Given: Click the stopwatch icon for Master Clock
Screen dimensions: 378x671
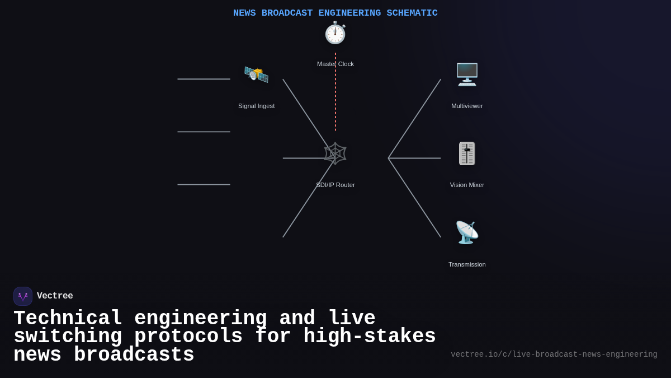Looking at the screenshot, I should click(335, 33).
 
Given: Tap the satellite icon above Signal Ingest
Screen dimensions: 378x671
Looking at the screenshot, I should click(256, 74).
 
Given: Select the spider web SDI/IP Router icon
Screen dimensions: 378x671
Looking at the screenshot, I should click(335, 153).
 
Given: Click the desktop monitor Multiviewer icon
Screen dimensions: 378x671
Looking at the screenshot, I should click(467, 74).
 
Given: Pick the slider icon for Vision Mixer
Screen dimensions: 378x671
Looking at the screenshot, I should click(467, 153).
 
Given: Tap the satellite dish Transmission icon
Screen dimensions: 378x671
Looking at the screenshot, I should click(467, 232).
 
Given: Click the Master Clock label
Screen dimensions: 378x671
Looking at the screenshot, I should click(335, 64).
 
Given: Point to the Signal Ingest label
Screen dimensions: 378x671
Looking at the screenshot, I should click(256, 106).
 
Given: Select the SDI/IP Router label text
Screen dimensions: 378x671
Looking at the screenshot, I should click(335, 185).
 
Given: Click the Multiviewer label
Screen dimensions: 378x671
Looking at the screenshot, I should click(467, 106).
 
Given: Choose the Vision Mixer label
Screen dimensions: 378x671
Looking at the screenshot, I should click(467, 185).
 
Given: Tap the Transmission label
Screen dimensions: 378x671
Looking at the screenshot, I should click(467, 264).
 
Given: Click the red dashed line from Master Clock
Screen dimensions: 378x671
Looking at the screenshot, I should click(335, 95).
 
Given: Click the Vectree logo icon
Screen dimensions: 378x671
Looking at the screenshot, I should click(23, 296).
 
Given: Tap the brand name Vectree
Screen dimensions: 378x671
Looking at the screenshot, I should click(55, 296).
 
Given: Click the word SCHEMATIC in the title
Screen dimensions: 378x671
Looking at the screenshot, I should click(412, 13).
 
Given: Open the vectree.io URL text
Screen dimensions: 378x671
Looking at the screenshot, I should click(554, 354).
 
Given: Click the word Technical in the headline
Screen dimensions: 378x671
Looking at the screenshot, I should click(68, 318).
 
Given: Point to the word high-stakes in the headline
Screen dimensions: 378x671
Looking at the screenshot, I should click(369, 337).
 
